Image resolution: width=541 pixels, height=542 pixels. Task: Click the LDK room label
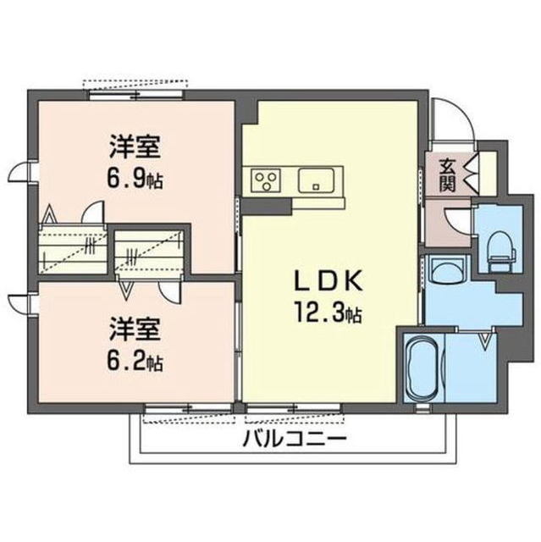pos(328,280)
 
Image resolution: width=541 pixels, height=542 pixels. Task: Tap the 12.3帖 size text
pos(328,313)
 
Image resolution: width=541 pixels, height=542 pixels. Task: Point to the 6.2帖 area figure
pos(135,360)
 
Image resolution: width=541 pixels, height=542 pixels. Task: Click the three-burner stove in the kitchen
pos(266,181)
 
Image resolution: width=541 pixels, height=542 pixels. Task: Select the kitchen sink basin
pos(316,180)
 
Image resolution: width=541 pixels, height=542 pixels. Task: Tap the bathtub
pos(423,368)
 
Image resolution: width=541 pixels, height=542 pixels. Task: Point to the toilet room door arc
pos(455,221)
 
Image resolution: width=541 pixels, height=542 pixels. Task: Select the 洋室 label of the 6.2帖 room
pos(135,329)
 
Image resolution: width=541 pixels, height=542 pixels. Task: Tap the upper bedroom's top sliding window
pos(135,94)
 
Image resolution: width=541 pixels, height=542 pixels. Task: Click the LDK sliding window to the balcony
pos(294,408)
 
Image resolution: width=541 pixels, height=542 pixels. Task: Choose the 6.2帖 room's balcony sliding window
pos(188,408)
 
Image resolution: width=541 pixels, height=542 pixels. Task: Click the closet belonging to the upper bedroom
pos(74,248)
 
